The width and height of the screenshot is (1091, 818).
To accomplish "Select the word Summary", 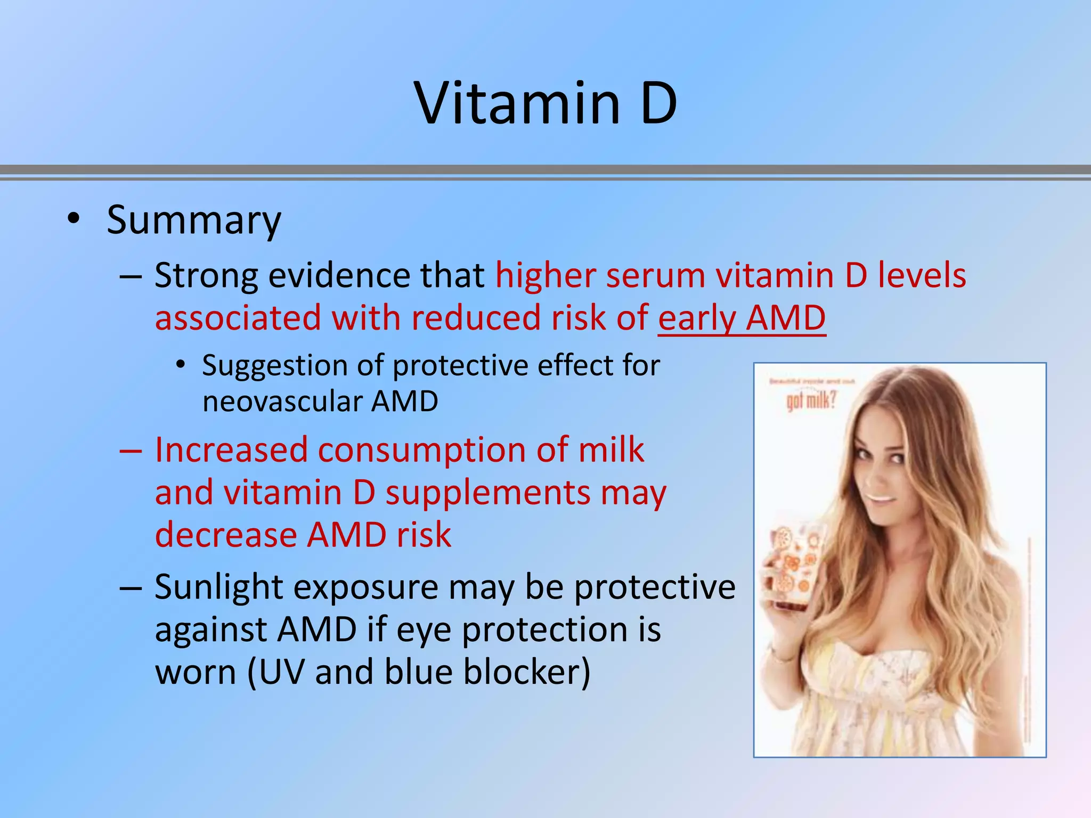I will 194,220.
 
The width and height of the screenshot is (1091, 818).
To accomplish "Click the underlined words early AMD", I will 742,318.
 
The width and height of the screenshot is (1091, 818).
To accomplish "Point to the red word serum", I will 655,276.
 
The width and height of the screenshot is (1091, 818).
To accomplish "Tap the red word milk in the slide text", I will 611,450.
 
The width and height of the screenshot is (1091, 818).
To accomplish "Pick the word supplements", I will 487,493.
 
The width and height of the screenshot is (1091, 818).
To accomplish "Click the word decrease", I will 226,535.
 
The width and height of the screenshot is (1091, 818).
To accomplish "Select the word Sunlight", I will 218,587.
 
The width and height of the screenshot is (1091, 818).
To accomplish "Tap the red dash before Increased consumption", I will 131,451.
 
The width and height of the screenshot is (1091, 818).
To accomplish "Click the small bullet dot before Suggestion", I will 181,365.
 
